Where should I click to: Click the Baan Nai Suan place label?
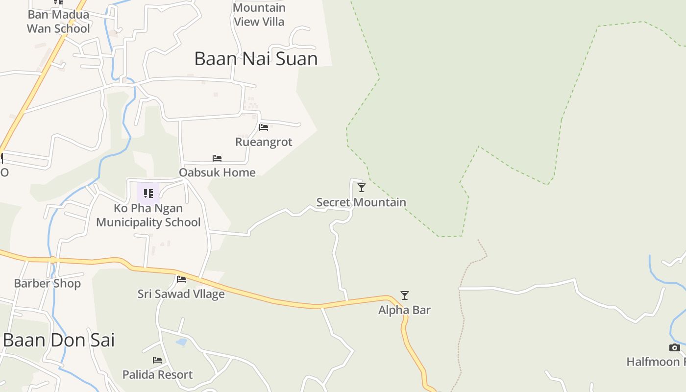coord(256,59)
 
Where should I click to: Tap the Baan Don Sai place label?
coord(59,340)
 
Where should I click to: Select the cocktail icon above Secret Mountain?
coord(362,188)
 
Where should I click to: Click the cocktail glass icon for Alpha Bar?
coord(405,295)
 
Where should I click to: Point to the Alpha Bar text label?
coord(404,310)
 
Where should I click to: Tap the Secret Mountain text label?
coord(361,202)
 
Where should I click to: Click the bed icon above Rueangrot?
coord(264,127)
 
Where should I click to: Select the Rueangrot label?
coord(264,142)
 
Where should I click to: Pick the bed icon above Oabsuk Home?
coord(217,158)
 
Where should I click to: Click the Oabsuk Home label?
coord(217,172)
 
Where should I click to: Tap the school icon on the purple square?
coord(148,193)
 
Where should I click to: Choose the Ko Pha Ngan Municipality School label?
coord(148,215)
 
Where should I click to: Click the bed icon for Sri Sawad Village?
coord(181,279)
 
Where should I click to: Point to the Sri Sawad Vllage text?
coord(181,294)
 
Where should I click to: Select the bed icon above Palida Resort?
coord(157,360)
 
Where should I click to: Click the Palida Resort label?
coord(157,375)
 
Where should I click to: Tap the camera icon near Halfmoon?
coord(675,348)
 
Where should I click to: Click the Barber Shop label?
coord(47,284)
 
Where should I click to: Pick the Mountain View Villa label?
coord(259,15)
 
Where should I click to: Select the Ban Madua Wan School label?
coord(58,22)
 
